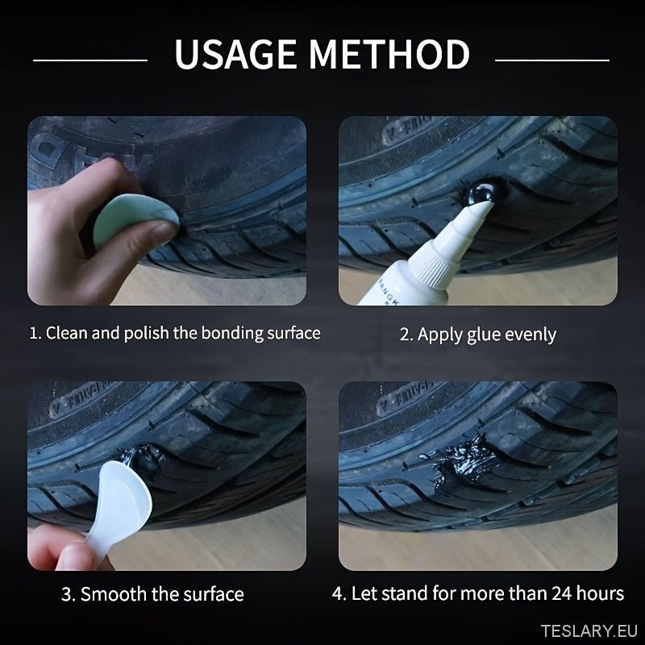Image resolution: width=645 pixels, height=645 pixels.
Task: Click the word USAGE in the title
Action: pos(235,54)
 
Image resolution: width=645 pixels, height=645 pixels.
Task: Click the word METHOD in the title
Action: pos(389,54)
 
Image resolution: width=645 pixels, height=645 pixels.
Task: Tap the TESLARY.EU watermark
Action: pos(589,630)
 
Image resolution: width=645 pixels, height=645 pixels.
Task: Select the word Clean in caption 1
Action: pos(67,333)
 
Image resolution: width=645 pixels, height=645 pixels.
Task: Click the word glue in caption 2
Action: pos(483,335)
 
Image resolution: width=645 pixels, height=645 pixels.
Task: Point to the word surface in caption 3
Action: pos(214,594)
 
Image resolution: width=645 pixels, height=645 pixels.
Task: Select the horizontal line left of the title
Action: pos(90,60)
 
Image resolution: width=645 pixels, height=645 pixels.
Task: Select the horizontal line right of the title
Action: pos(552,60)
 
